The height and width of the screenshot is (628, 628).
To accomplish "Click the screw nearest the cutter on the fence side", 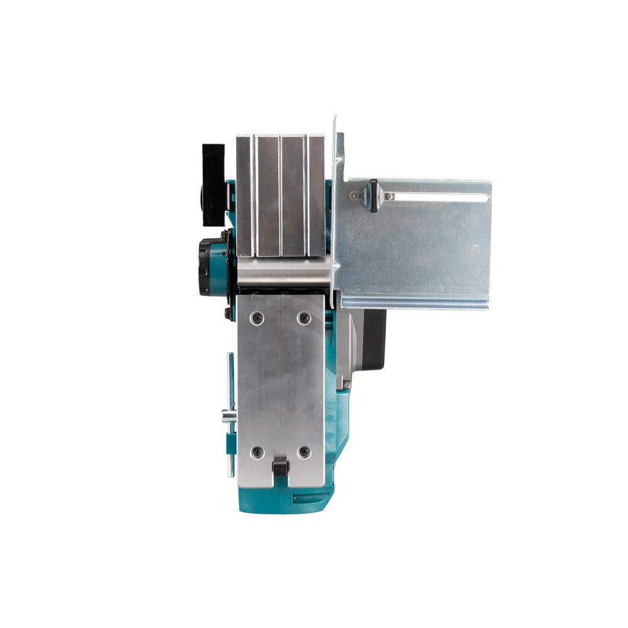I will (x=304, y=318).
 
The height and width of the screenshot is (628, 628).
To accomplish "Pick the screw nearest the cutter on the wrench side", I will (x=256, y=318).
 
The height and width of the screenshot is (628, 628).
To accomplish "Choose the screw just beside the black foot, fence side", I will (x=304, y=452).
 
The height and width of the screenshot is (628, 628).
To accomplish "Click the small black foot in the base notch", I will (x=280, y=468).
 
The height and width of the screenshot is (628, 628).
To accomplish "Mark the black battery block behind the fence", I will (x=374, y=339).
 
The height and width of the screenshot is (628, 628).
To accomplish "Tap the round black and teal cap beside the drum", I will (x=209, y=266).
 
